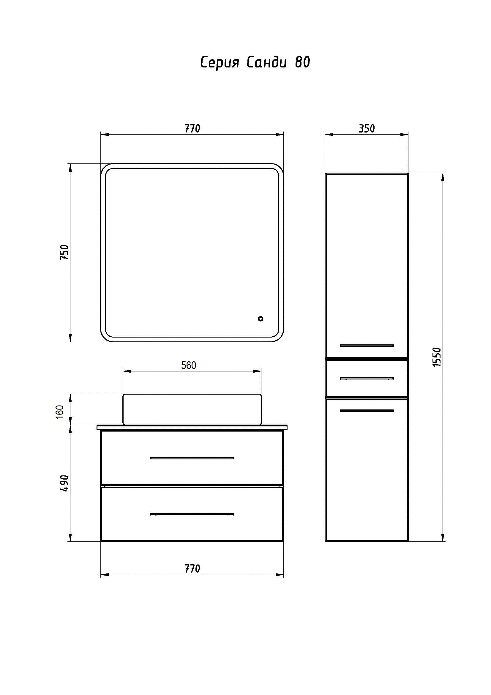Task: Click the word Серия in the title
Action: tap(220, 63)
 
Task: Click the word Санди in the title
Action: tap(266, 63)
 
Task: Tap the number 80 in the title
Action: tap(302, 62)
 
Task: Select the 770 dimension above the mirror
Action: tap(192, 129)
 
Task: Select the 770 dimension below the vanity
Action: tap(192, 569)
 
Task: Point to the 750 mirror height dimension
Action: tap(65, 253)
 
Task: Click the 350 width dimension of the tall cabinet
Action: tap(367, 129)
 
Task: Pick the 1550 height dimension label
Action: tap(437, 357)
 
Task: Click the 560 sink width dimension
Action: tap(189, 365)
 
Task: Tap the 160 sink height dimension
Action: tap(60, 412)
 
